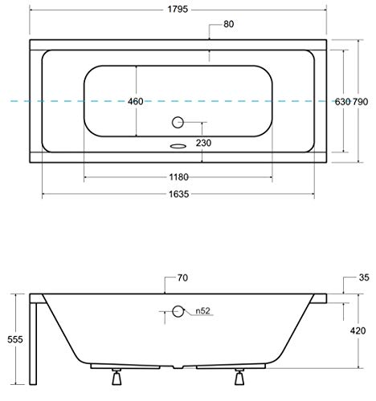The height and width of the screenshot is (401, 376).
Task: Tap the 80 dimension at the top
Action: [229, 24]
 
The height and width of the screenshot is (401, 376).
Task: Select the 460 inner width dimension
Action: [136, 101]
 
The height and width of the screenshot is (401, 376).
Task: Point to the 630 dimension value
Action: [342, 101]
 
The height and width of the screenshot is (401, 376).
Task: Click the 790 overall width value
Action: [362, 101]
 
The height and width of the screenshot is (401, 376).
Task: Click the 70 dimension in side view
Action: [182, 277]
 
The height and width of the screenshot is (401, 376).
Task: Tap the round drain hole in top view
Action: [178, 123]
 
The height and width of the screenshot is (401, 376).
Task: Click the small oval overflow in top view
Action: [178, 147]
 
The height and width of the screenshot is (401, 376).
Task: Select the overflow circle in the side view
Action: [178, 311]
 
